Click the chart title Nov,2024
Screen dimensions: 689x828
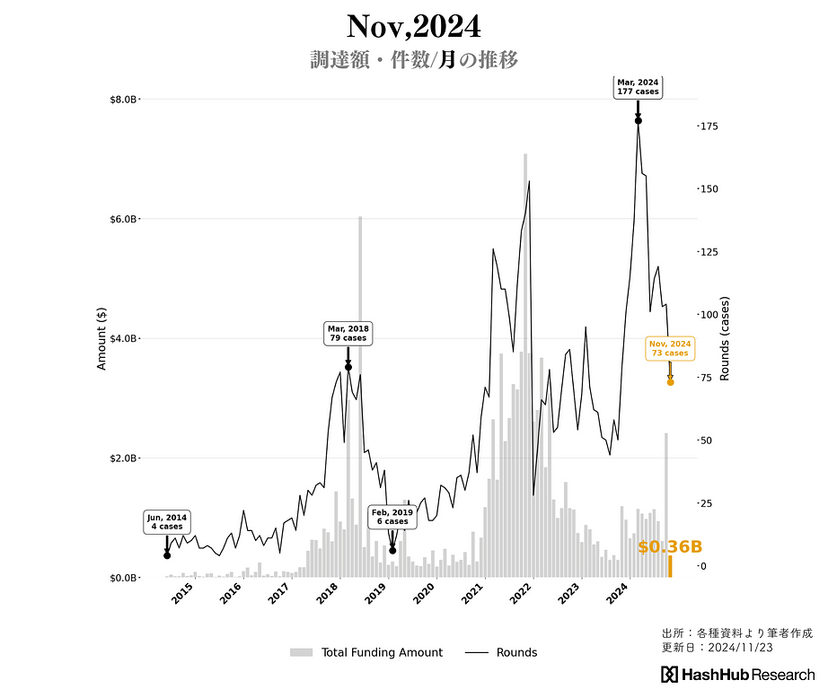(x=414, y=25)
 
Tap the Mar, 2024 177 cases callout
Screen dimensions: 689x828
(x=638, y=87)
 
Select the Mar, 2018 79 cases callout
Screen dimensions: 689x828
(x=348, y=334)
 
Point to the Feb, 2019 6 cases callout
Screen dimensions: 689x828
(x=392, y=517)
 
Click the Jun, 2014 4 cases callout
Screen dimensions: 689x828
(x=167, y=522)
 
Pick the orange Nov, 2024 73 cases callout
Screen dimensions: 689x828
(x=670, y=348)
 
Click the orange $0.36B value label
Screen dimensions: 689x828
(x=670, y=546)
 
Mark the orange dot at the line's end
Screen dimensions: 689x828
(x=670, y=382)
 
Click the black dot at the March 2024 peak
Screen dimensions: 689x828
(x=638, y=120)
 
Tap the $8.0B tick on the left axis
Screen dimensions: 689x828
(x=119, y=100)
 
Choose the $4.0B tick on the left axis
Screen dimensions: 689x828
(x=119, y=339)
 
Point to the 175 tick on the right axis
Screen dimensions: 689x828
(x=709, y=126)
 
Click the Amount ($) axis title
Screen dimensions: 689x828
(x=102, y=338)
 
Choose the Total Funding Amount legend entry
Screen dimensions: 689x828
(x=366, y=652)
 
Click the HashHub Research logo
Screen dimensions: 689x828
(x=738, y=675)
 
